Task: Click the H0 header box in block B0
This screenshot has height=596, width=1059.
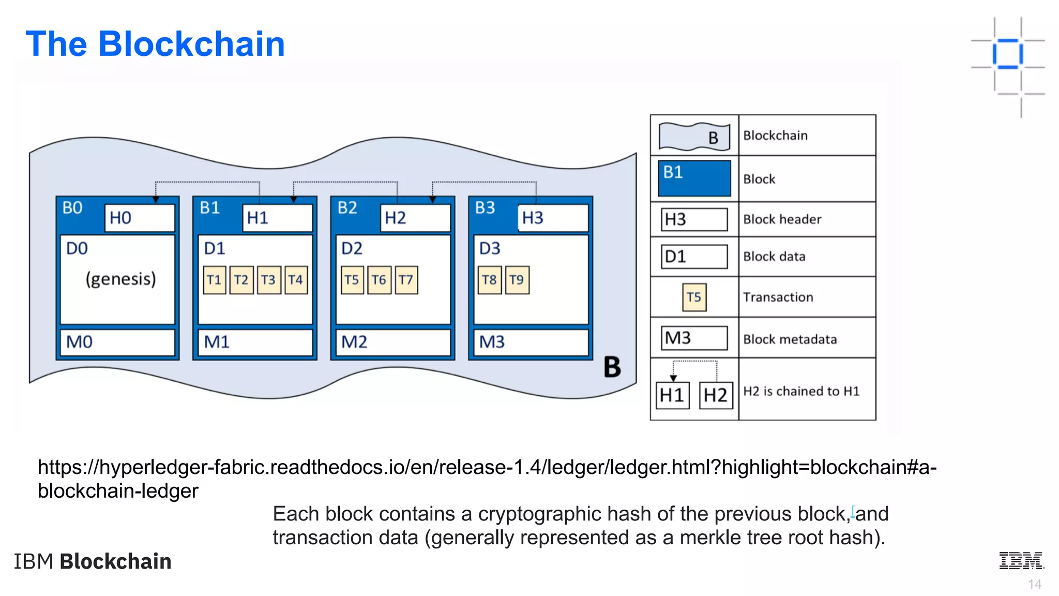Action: coord(140,218)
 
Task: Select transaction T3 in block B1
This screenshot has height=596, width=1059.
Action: coord(268,280)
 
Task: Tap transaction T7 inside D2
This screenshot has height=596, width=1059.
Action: coord(406,280)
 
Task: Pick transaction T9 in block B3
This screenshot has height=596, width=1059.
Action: coord(517,280)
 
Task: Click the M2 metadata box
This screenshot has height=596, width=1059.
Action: coord(393,342)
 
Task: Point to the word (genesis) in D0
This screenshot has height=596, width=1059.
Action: coord(120,279)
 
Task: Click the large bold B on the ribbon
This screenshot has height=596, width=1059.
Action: coord(612,367)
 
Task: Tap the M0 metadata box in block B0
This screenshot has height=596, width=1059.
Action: coord(117,342)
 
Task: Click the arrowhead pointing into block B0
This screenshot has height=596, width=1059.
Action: coord(156,199)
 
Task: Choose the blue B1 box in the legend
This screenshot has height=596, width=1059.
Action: coord(694,178)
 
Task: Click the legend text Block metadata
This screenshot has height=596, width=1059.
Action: coord(790,339)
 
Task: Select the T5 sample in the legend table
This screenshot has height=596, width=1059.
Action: coord(694,297)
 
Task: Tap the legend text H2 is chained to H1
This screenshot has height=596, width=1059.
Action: coord(801,391)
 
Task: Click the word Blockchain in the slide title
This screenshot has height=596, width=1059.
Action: coord(191,44)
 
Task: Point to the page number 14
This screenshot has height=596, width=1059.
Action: coord(1034,584)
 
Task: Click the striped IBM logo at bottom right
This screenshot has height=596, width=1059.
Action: coord(1021,561)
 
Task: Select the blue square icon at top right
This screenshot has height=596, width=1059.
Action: coord(1007,54)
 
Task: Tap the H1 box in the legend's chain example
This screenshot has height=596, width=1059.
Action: coord(672,395)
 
